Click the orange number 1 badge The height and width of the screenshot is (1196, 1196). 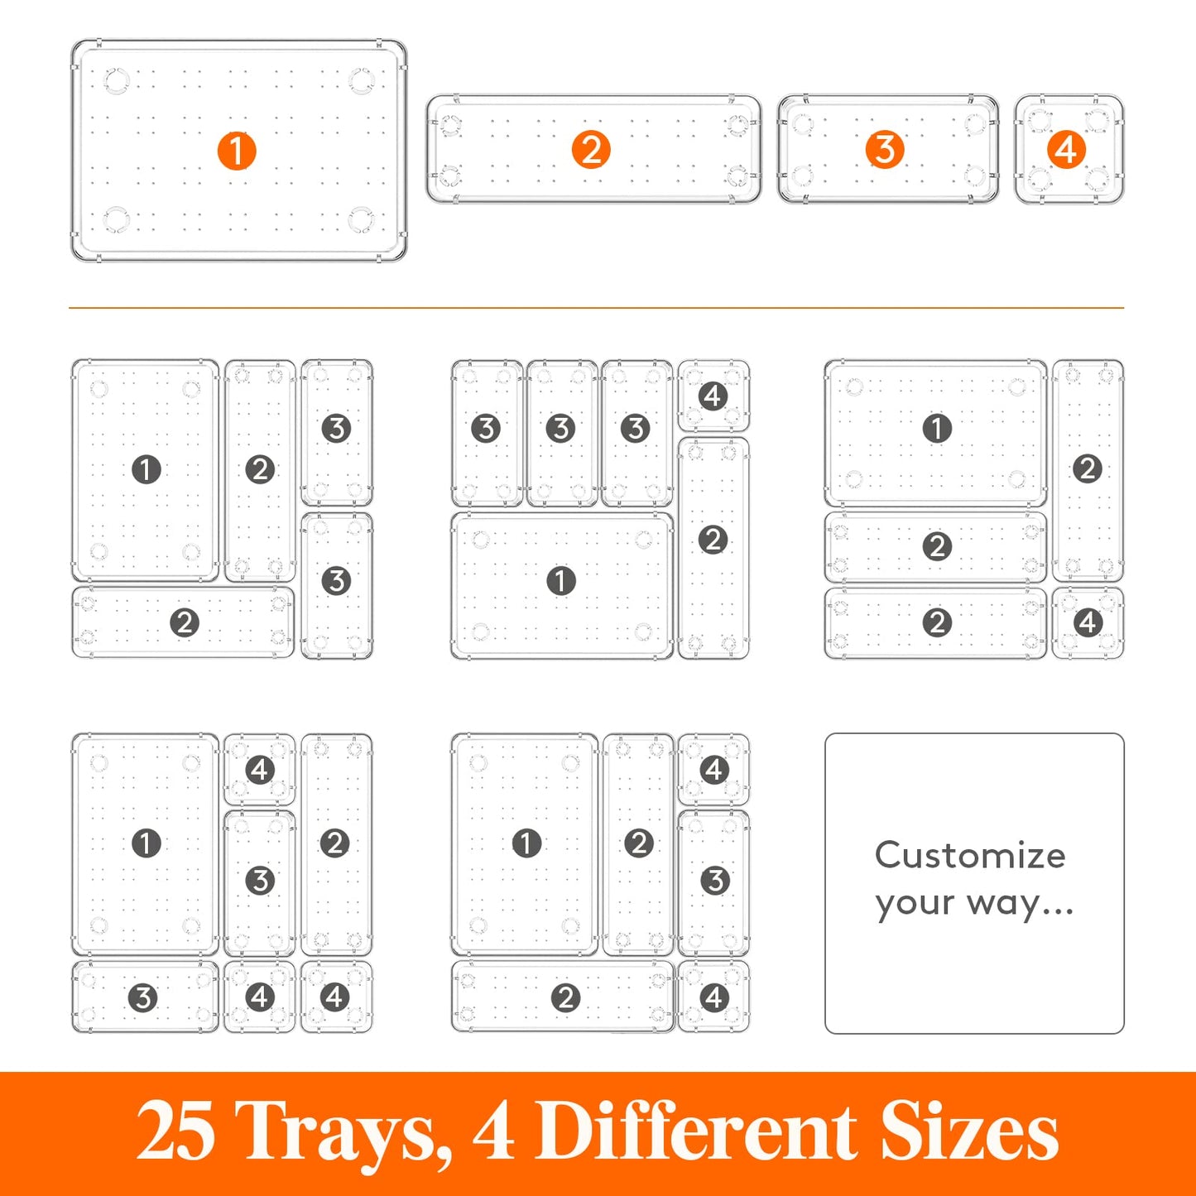236,151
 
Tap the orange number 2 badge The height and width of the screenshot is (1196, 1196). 591,151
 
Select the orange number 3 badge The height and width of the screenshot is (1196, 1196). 885,150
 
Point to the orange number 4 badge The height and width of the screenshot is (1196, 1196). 1066,150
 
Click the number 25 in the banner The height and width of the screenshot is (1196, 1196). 175,1131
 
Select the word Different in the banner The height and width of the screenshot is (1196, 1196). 698,1131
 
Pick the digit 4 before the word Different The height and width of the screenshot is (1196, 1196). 494,1131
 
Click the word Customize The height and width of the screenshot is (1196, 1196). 970,855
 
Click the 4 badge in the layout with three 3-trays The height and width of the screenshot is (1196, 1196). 713,396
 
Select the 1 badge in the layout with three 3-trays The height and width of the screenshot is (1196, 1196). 561,581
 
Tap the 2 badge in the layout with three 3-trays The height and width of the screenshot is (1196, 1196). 713,540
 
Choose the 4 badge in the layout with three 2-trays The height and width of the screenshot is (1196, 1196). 1088,622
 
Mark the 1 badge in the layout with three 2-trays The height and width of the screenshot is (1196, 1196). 937,429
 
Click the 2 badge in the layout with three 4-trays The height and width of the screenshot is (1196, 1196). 334,843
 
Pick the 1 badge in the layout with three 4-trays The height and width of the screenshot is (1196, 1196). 146,843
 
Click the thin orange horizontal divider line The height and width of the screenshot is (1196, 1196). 596,308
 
